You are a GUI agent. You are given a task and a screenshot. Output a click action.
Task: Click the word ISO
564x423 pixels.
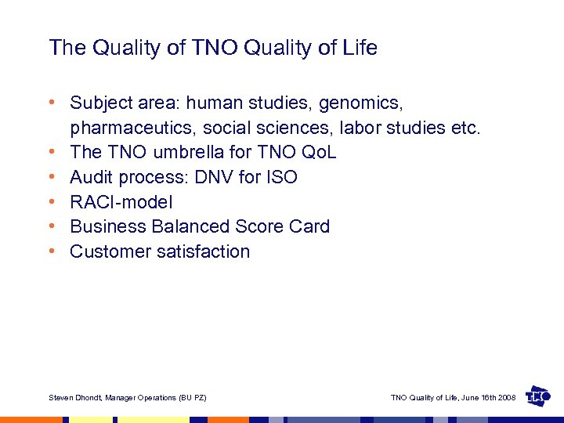(281, 177)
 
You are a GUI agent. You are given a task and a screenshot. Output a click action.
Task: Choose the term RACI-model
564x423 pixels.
(121, 202)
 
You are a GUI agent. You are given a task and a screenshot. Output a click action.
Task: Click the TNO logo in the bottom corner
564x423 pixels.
(538, 396)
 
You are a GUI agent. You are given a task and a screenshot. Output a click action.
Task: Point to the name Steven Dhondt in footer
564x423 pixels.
(75, 398)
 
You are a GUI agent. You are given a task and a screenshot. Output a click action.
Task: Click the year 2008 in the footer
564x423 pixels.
(505, 398)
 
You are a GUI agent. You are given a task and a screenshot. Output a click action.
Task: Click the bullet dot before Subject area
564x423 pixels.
(52, 103)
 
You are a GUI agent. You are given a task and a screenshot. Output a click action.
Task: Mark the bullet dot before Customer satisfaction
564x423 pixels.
(52, 251)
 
